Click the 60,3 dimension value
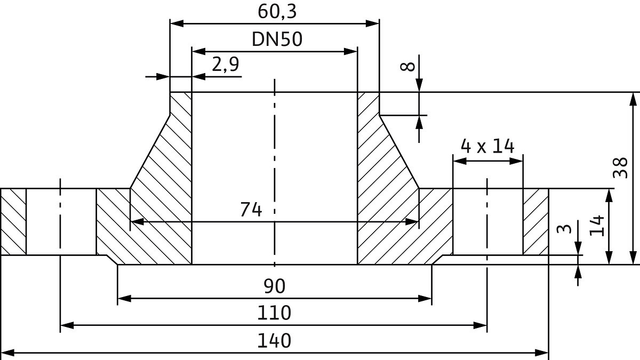(277, 12)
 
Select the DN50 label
(277, 39)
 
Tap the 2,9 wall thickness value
(226, 65)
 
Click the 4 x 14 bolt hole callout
(487, 146)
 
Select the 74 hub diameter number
(251, 210)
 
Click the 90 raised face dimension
(274, 286)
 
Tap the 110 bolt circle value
(274, 313)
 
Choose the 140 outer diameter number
(274, 341)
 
